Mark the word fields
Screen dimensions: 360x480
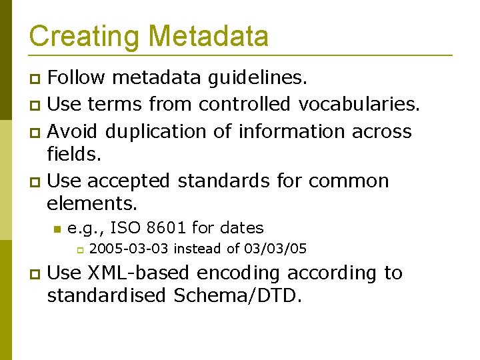[73, 155]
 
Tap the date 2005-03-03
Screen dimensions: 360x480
[129, 249]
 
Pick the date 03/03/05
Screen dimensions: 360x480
[275, 249]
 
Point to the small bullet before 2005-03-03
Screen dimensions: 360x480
[78, 251]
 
